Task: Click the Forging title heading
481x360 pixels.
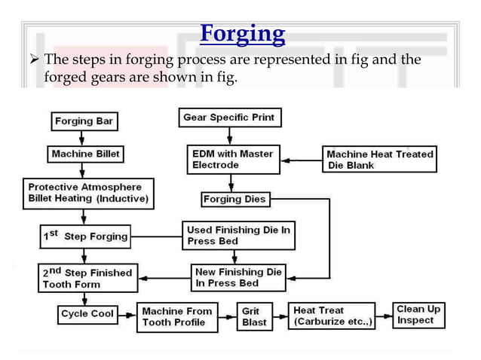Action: point(243,35)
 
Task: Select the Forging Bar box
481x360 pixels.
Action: point(84,121)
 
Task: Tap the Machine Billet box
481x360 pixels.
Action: point(84,154)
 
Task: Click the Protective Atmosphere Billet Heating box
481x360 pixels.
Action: point(88,194)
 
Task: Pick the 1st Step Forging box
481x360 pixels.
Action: point(84,236)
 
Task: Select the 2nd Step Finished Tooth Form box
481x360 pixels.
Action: point(87,278)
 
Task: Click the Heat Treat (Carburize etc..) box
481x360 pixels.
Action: point(332,316)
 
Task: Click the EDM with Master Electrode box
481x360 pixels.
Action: point(232,159)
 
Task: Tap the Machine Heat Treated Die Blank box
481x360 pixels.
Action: point(378,159)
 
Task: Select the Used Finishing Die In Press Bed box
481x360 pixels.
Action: point(237,236)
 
